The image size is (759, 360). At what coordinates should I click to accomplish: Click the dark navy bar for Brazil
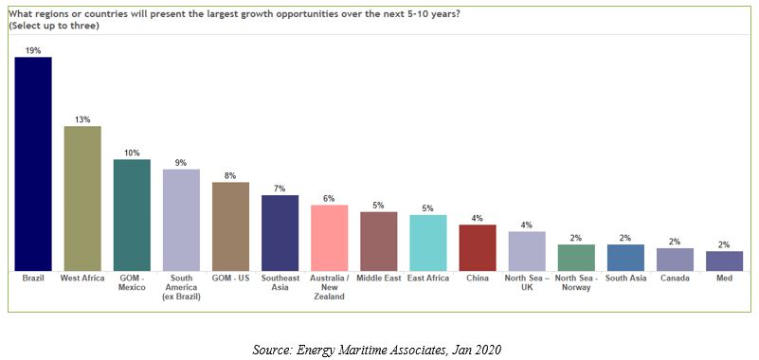pyautogui.click(x=33, y=164)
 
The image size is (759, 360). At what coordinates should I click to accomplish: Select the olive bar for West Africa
pyautogui.click(x=82, y=198)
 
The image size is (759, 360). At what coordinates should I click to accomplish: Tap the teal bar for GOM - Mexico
pyautogui.click(x=132, y=215)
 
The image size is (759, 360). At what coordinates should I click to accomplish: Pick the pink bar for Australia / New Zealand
pyautogui.click(x=330, y=238)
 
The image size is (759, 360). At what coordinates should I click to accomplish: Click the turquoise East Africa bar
pyautogui.click(x=428, y=243)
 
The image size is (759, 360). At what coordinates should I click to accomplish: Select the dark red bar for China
pyautogui.click(x=478, y=247)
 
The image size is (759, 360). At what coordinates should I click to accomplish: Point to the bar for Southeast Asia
pyautogui.click(x=280, y=233)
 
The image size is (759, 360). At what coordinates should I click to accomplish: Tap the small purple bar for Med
pyautogui.click(x=725, y=261)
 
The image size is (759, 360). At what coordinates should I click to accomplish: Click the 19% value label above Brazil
pyautogui.click(x=33, y=49)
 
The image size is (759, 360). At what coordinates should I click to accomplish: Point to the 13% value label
pyautogui.click(x=82, y=119)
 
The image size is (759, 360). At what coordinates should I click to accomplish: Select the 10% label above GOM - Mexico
pyautogui.click(x=132, y=153)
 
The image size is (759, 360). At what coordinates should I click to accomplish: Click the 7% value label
pyautogui.click(x=280, y=189)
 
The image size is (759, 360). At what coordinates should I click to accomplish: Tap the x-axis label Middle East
pyautogui.click(x=379, y=279)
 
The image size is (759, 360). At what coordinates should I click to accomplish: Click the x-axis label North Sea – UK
pyautogui.click(x=527, y=283)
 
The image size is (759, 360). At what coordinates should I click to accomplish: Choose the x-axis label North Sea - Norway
pyautogui.click(x=576, y=283)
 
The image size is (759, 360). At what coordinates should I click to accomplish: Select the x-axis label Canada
pyautogui.click(x=675, y=279)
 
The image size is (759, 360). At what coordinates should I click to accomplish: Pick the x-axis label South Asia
pyautogui.click(x=625, y=279)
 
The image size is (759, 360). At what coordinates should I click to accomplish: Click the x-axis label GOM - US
pyautogui.click(x=230, y=279)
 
